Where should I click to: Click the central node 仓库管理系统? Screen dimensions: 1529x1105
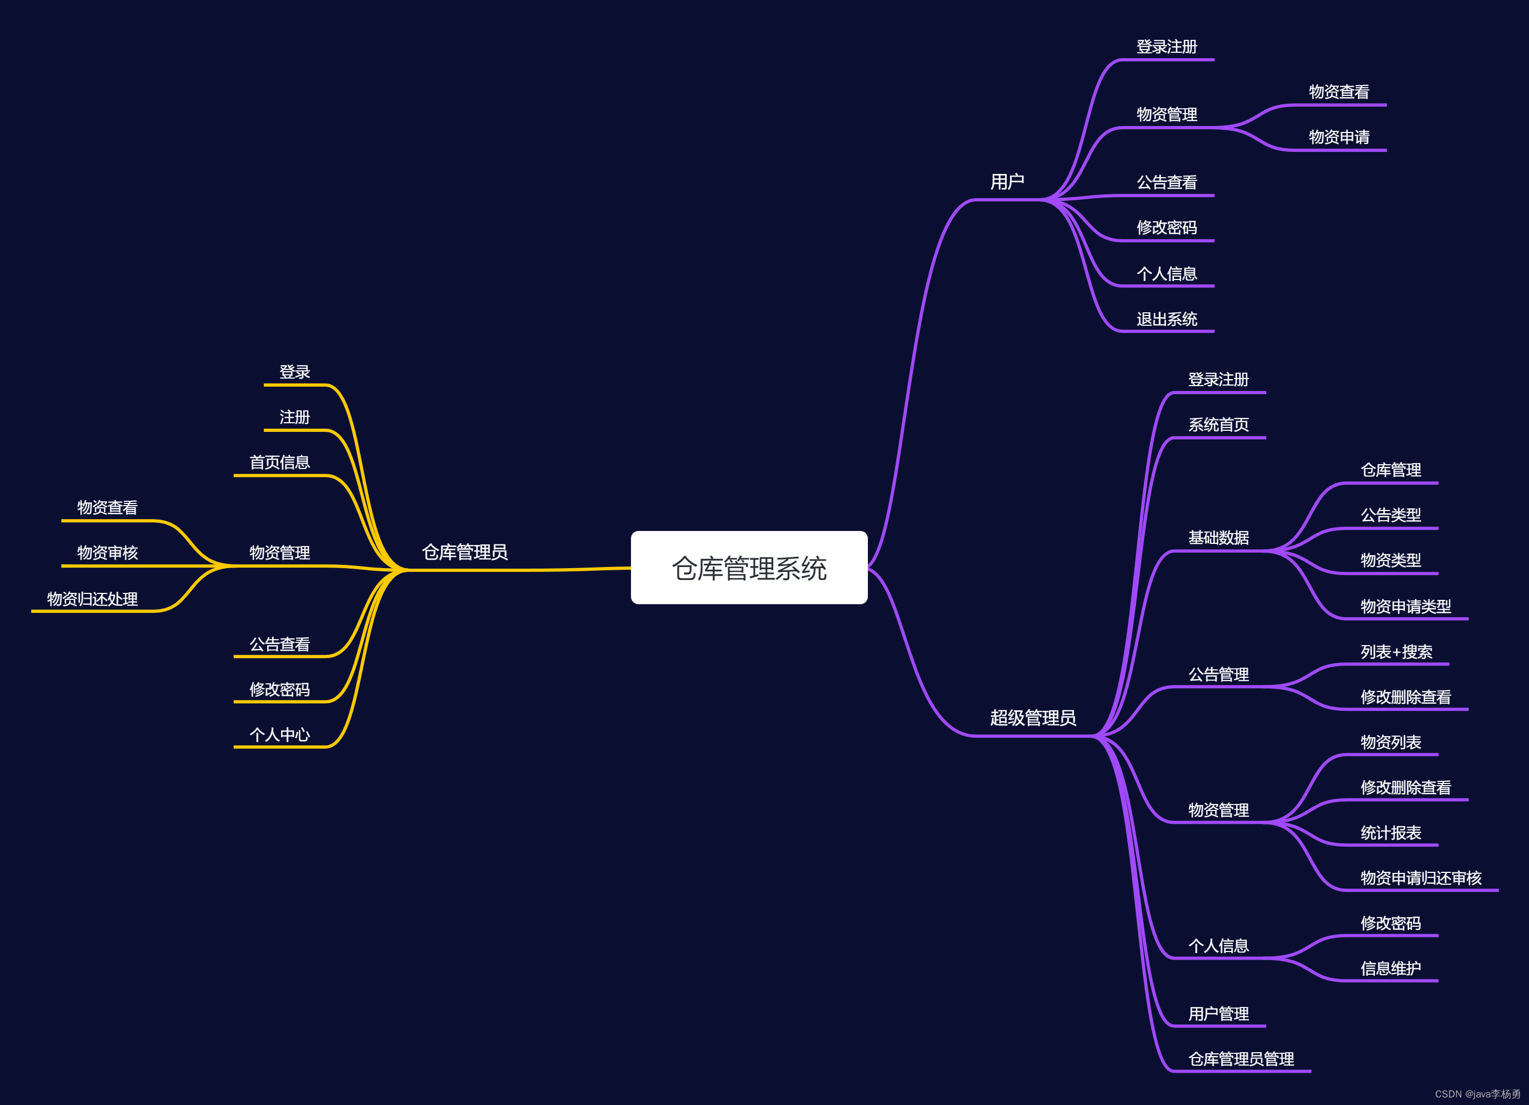(749, 568)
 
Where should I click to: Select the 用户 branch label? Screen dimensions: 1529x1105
(1007, 181)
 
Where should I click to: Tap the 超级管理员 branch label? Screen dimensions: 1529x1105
(1033, 717)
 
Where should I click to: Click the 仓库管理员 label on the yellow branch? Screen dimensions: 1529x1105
(465, 552)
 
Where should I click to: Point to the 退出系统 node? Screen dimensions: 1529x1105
(1167, 319)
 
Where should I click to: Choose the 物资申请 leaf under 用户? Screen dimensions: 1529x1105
(1339, 137)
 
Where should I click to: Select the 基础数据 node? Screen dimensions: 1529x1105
(1218, 537)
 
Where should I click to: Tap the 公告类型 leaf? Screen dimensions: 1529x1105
(1391, 515)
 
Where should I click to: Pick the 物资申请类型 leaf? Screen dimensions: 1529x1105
(1406, 606)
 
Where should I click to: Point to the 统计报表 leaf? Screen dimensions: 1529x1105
(1391, 833)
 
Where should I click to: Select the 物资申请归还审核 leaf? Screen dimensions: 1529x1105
(1421, 878)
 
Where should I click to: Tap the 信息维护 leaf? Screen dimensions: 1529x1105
(1391, 968)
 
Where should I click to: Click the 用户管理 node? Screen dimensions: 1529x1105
(1218, 1013)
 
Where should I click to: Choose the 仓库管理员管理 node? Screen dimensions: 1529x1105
(1241, 1059)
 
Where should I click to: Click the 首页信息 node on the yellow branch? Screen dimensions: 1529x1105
(280, 462)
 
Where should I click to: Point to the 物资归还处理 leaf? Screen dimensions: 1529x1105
(93, 599)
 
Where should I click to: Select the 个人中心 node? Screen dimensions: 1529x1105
(280, 734)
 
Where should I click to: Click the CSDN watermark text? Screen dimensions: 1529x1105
(1478, 1094)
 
